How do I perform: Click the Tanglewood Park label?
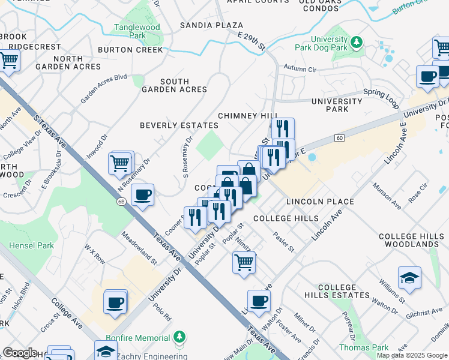[137, 31]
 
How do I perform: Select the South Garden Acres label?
[175, 85]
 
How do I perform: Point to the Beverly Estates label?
[179, 125]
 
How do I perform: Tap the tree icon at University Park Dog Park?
[357, 41]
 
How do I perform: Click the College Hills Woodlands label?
[409, 241]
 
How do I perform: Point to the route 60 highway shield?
[339, 139]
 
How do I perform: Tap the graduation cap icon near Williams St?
[409, 277]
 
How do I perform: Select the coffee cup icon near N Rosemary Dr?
[142, 195]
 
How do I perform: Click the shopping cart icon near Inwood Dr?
[120, 162]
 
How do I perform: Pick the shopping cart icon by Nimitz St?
[244, 262]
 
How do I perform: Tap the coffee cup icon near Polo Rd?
[115, 301]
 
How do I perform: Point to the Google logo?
[20, 353]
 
